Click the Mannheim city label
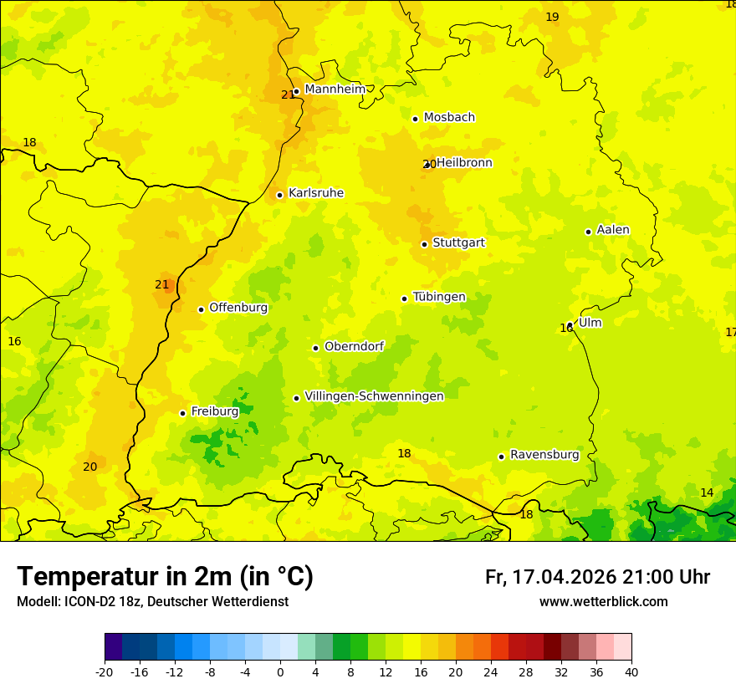tap(335, 89)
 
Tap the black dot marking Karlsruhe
tap(280, 195)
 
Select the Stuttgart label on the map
tap(458, 242)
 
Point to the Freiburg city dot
tap(182, 413)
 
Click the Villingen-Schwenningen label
tap(374, 396)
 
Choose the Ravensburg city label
tap(544, 455)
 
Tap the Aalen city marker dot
tap(588, 232)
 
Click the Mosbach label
tap(449, 118)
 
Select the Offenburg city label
tap(238, 308)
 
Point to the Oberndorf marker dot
tap(315, 348)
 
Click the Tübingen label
tap(439, 297)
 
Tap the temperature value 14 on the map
tap(707, 492)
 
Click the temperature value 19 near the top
tap(552, 17)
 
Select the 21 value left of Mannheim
tap(288, 94)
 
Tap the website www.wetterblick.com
tap(603, 601)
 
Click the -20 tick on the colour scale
tap(105, 671)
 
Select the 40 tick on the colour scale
tap(631, 671)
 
